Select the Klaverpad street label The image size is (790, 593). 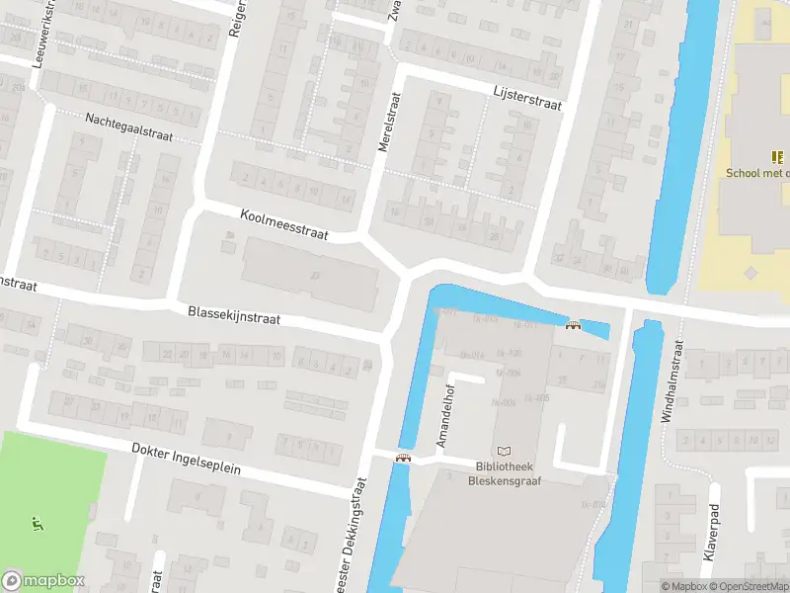point(709,536)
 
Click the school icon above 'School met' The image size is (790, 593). point(777,156)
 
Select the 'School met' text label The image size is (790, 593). point(757,173)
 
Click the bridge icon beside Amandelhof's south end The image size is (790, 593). point(403,458)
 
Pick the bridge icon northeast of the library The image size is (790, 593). point(572,326)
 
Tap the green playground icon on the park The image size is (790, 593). point(38,523)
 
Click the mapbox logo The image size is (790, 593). point(43,580)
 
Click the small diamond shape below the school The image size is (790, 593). point(751,272)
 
